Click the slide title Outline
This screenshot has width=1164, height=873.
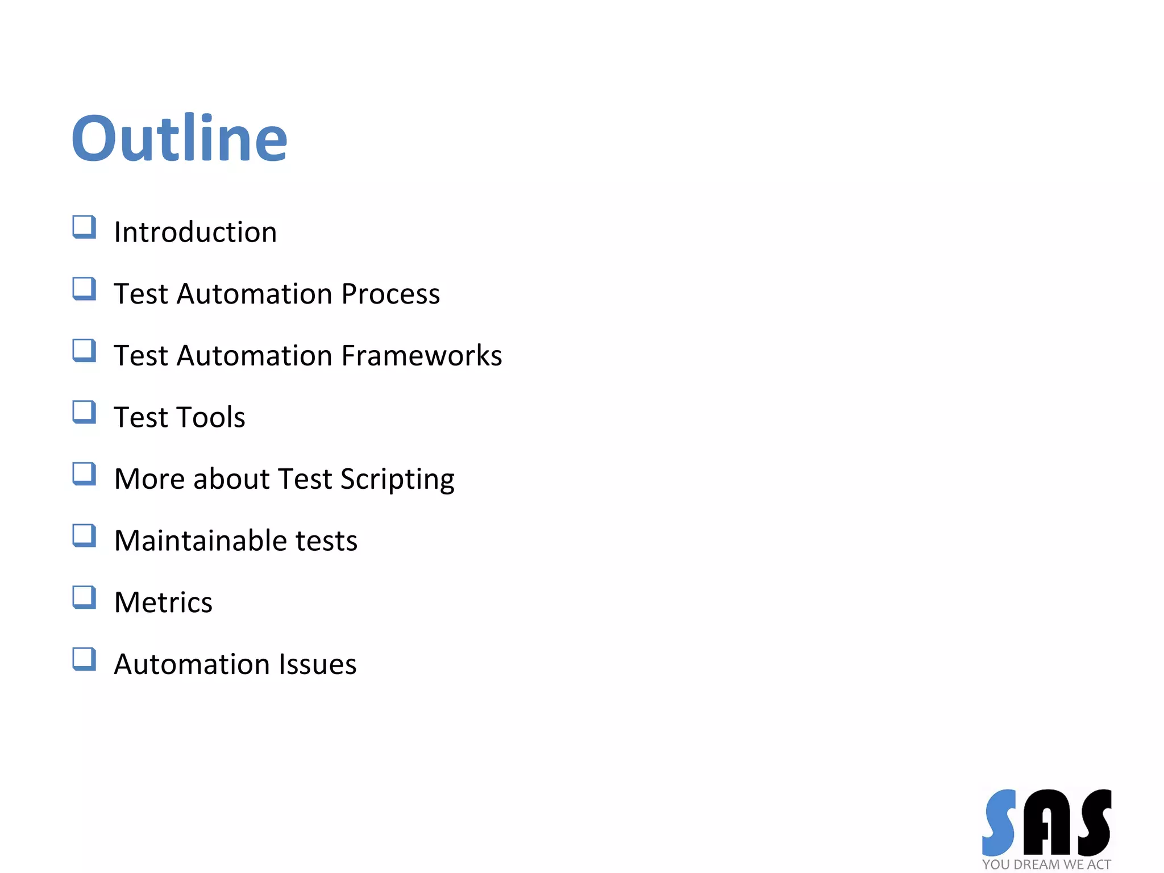point(180,138)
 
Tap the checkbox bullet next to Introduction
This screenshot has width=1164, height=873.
point(84,227)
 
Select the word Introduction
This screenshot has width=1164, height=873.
point(196,232)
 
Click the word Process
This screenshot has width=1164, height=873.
point(390,294)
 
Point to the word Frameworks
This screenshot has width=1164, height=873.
point(422,356)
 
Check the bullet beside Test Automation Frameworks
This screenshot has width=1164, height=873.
point(84,350)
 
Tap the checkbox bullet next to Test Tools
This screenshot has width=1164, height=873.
point(84,412)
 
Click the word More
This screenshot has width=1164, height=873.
point(149,479)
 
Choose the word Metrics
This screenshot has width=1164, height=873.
point(164,602)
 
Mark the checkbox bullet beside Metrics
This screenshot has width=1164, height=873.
point(84,597)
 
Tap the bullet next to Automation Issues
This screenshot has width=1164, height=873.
point(84,659)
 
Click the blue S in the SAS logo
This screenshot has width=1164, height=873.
point(1000,822)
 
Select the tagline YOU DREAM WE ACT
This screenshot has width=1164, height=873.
point(1046,864)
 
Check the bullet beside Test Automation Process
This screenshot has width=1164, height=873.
point(84,289)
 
